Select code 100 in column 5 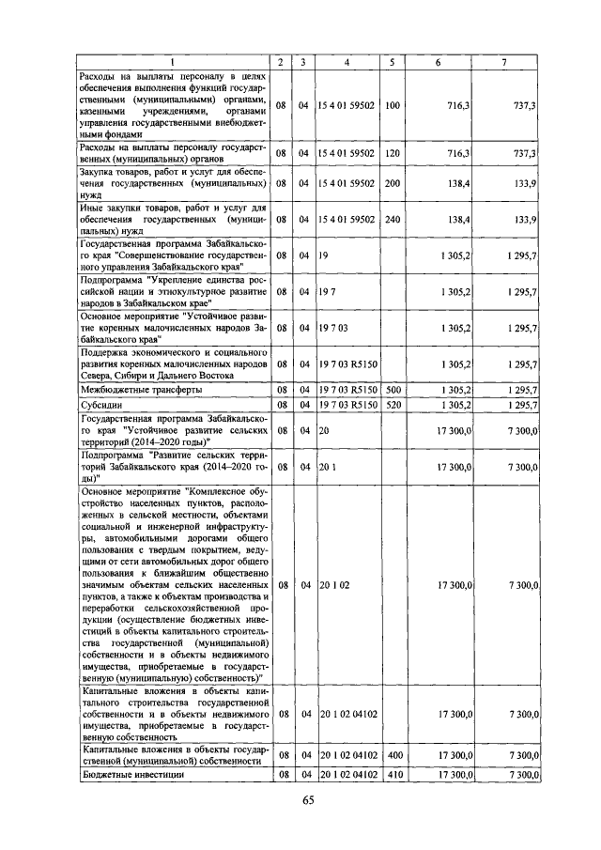coord(393,106)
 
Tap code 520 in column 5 coord(393,405)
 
